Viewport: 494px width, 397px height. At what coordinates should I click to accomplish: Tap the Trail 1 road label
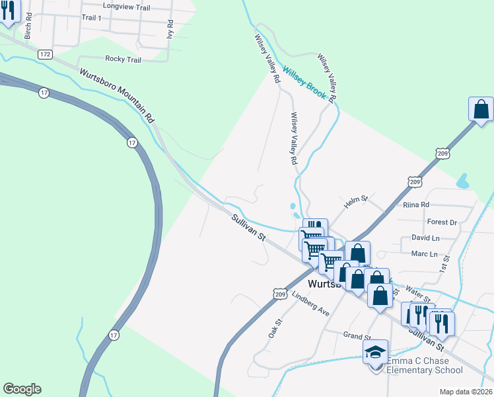[91, 18]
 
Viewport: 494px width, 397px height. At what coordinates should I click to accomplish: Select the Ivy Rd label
[170, 30]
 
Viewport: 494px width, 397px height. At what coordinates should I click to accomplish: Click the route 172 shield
[45, 54]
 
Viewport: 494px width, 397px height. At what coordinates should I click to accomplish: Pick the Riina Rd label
[416, 205]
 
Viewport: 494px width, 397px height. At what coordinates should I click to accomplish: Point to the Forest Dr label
[442, 222]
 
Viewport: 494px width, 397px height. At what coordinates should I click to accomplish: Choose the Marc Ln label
[424, 254]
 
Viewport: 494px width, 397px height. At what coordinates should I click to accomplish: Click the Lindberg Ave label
[310, 302]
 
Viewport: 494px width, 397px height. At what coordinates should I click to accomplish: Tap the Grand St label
[355, 335]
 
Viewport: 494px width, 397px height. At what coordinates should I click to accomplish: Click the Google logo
[22, 389]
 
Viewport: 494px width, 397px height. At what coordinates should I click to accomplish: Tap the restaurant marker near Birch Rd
[7, 11]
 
